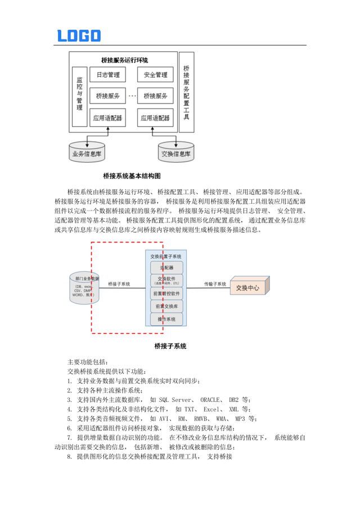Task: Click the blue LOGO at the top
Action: [79, 36]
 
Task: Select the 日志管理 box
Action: [107, 74]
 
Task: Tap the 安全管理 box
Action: [155, 74]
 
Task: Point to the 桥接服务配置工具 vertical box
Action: [186, 93]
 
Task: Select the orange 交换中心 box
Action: [248, 288]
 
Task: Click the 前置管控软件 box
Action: [166, 293]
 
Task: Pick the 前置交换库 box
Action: [166, 306]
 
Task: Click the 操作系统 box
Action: [166, 319]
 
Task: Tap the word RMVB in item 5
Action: [201, 419]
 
